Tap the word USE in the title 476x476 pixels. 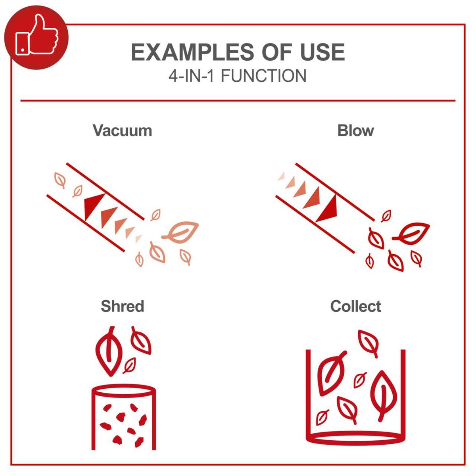click(x=322, y=53)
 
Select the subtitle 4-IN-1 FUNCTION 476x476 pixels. click(x=238, y=76)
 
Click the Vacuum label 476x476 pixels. click(x=122, y=131)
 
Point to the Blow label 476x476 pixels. click(x=355, y=131)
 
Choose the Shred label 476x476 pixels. click(x=122, y=306)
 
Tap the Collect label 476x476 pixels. click(x=355, y=306)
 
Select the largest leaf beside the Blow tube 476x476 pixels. click(x=413, y=232)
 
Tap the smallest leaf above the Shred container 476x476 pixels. click(x=129, y=365)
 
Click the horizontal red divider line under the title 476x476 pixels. click(x=238, y=101)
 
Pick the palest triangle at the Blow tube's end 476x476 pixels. click(x=282, y=175)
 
